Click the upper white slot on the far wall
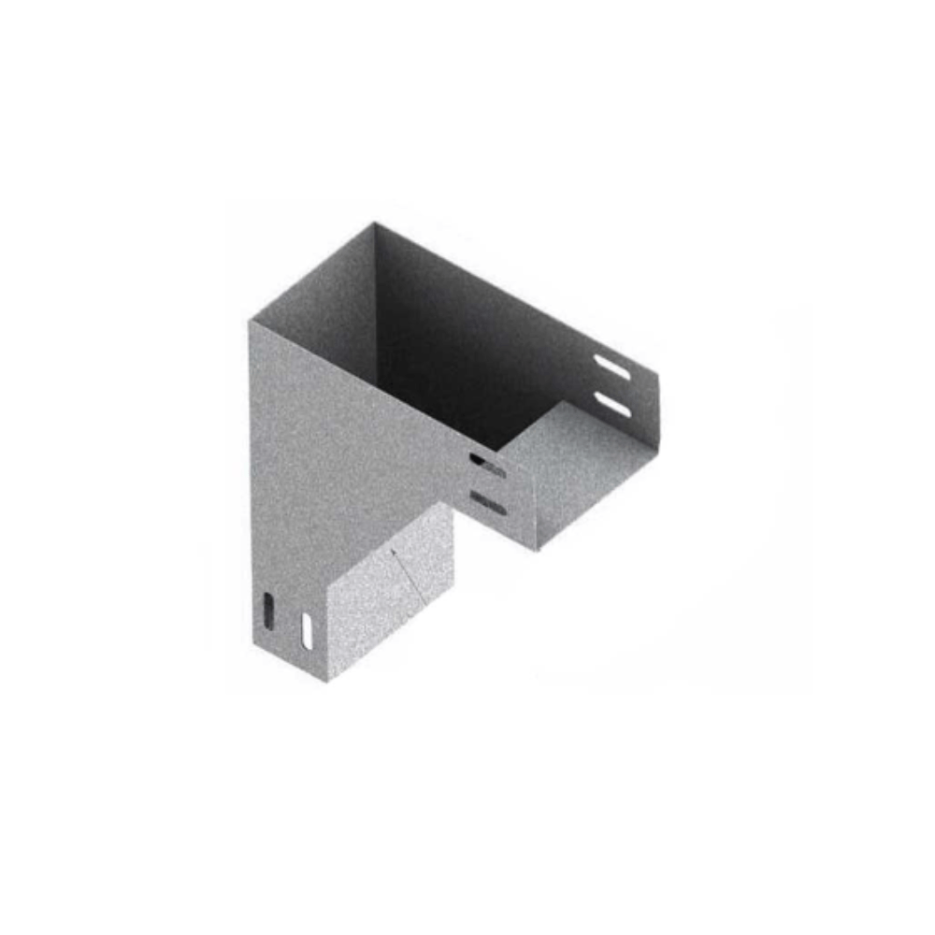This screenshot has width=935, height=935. [613, 368]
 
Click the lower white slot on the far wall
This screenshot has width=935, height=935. [612, 404]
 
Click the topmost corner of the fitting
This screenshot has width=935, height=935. [375, 223]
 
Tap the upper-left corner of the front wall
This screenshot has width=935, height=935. [251, 321]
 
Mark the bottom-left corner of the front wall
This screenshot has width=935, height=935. [253, 645]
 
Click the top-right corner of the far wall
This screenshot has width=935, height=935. [657, 375]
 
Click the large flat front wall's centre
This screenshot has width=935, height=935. [346, 439]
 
